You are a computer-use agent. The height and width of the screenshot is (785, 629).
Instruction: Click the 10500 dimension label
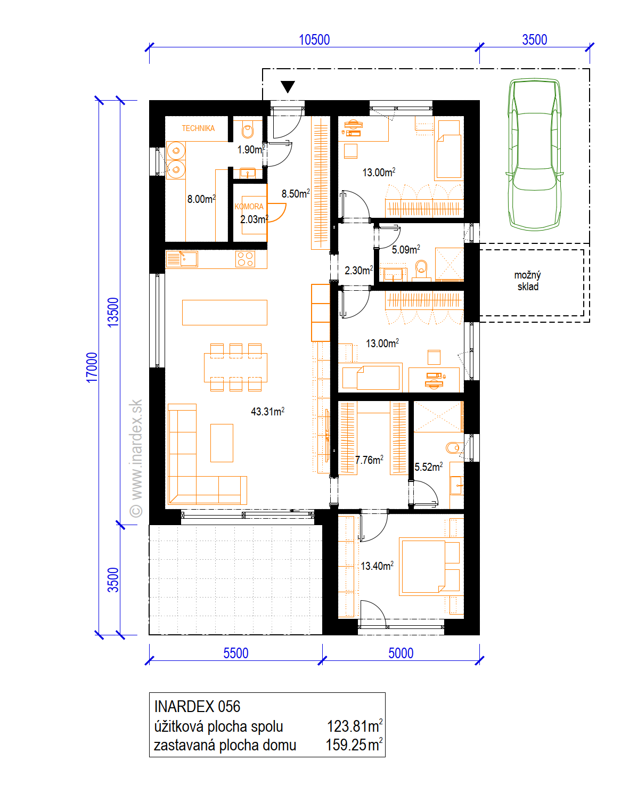[314, 40]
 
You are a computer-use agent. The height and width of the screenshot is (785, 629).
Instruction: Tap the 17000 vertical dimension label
[92, 367]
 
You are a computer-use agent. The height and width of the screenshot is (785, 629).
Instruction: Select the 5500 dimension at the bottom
[236, 653]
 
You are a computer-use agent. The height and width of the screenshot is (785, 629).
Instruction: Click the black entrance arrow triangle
[288, 87]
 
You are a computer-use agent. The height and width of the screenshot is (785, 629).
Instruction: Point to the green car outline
[535, 154]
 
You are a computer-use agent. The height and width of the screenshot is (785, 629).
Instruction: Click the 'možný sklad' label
[528, 281]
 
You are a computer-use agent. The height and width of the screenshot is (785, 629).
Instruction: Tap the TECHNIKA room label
[198, 128]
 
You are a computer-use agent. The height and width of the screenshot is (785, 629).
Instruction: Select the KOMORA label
[249, 207]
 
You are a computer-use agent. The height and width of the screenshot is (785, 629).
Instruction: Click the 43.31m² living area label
[267, 412]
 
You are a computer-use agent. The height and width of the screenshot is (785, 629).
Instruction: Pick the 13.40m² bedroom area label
[377, 566]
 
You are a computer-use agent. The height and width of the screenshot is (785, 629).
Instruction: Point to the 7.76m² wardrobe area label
[369, 460]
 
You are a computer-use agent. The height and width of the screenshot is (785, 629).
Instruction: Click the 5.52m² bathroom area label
[428, 467]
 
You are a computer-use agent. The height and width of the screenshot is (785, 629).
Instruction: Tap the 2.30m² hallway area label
[358, 271]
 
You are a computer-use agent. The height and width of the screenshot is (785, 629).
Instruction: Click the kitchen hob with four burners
[245, 259]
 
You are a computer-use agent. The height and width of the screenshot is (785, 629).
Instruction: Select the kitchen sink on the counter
[182, 259]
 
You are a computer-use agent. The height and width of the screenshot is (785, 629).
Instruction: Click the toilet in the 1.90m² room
[248, 130]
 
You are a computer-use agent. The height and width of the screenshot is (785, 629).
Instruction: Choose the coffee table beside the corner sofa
[222, 443]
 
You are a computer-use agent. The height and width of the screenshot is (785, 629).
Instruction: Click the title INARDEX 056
[198, 707]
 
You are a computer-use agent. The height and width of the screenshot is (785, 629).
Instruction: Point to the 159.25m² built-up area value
[354, 745]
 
